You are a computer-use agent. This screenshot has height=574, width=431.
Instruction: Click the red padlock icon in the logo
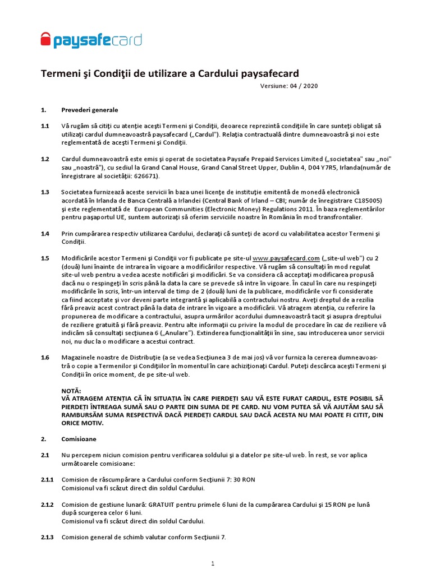click(45, 40)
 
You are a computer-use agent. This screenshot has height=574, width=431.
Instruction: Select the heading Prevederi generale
click(89, 110)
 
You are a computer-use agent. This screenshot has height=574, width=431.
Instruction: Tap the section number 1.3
click(45, 192)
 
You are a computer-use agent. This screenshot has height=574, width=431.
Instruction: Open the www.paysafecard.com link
click(286, 258)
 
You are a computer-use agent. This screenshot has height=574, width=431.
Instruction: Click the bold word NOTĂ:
click(71, 391)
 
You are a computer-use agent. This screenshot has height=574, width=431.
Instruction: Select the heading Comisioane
click(79, 439)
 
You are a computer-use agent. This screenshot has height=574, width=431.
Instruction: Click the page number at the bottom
click(213, 563)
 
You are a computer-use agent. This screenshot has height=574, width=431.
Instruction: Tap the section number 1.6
click(45, 358)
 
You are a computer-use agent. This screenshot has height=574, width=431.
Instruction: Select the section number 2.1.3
click(47, 537)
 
